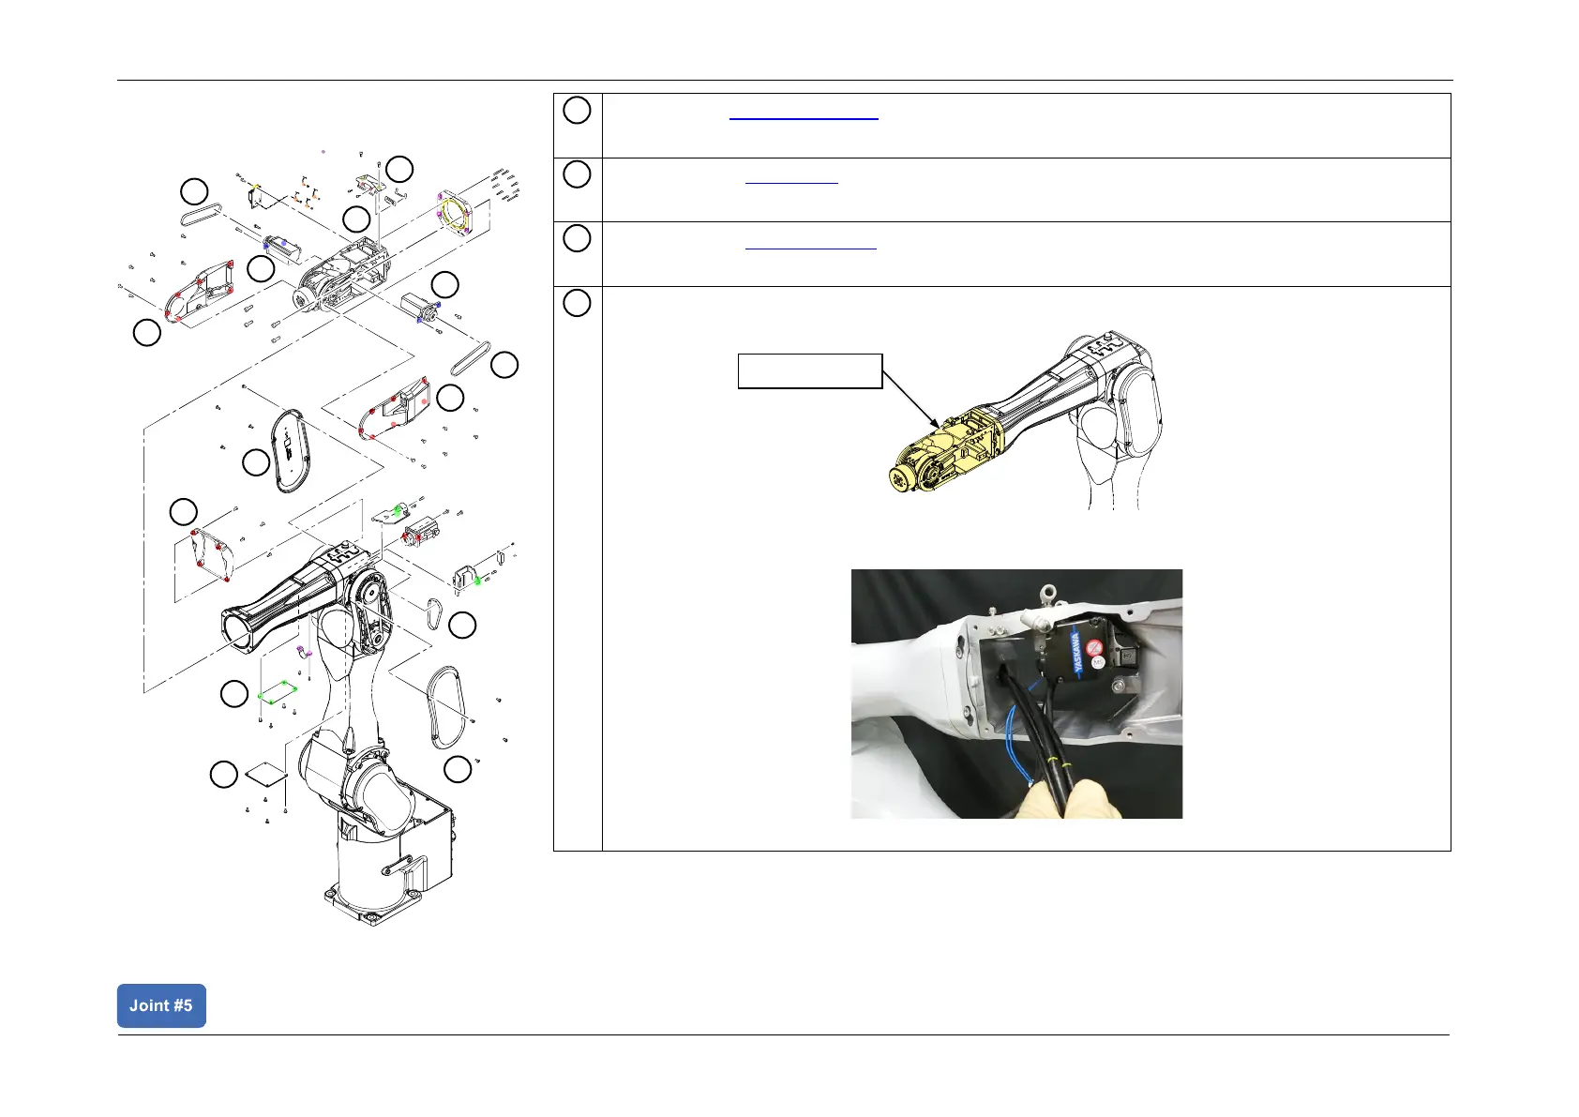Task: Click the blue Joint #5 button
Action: coord(161,1005)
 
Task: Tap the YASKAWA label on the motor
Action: coord(1077,653)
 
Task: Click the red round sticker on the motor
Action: coord(1093,647)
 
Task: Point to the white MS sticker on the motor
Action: coord(1098,662)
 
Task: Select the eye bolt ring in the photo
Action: coord(1049,591)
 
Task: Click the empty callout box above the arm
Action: coord(810,370)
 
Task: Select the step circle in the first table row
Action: coord(577,111)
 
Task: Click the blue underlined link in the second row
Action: coord(791,183)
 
